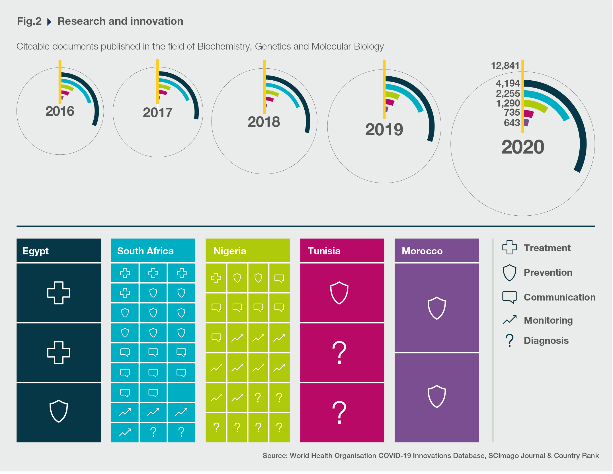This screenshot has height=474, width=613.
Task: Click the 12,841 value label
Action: [x=505, y=66]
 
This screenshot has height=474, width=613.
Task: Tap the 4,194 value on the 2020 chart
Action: [x=508, y=83]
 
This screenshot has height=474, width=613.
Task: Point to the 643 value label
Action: [x=512, y=123]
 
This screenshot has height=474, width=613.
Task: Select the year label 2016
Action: [x=60, y=111]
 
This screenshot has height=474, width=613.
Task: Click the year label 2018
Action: [x=264, y=122]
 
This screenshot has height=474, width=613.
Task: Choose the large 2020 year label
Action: [x=523, y=147]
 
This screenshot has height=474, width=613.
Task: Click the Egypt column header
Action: [x=36, y=251]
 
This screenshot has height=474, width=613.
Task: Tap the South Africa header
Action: [x=145, y=251]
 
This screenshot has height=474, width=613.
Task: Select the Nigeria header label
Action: [x=230, y=251]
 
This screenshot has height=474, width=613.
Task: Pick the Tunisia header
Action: [x=324, y=251]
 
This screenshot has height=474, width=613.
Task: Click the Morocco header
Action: [x=422, y=251]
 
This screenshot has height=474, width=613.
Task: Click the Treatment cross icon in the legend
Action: [x=509, y=247]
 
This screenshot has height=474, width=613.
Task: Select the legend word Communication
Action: [x=559, y=297]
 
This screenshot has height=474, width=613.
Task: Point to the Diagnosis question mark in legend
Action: [x=509, y=340]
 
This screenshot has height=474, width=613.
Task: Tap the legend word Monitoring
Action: [x=548, y=320]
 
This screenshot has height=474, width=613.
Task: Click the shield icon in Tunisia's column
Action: [x=339, y=293]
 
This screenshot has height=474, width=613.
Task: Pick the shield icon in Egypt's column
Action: [x=59, y=411]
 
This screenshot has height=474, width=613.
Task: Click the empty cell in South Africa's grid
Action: [x=181, y=393]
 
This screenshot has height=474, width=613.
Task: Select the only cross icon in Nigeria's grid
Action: [x=216, y=278]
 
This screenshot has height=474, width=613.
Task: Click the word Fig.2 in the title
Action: [x=29, y=21]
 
